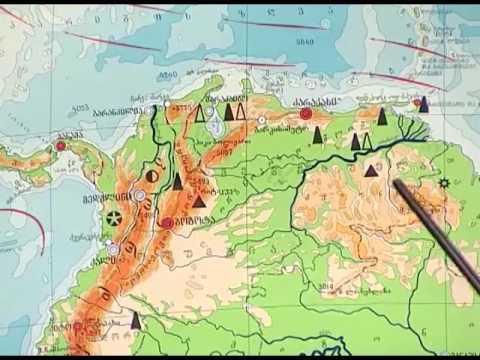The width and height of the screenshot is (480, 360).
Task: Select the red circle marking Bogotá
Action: pos(167,221)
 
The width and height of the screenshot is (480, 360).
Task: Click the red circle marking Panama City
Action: pos(61,146)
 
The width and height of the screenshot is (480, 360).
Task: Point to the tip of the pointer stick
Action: pos(397,183)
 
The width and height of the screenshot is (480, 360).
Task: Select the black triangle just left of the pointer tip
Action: pos(372,171)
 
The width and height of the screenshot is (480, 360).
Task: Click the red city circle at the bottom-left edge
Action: pos(77,327)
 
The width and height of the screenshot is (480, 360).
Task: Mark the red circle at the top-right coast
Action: pos(418,102)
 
